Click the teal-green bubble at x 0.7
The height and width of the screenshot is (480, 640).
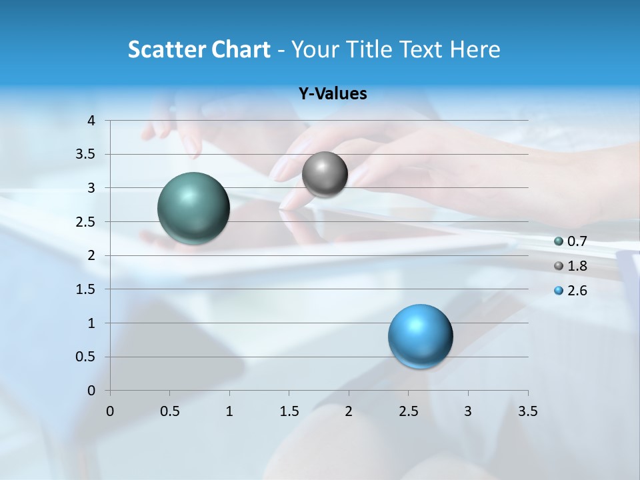point(194,208)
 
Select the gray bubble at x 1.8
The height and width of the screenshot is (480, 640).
point(325,175)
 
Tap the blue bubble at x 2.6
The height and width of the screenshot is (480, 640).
point(421,336)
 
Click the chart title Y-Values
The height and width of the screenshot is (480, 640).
point(332,94)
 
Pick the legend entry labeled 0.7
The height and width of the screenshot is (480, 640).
point(577,241)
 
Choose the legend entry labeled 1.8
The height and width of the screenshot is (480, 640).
point(577,266)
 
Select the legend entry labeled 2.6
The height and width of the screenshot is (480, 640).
point(577,291)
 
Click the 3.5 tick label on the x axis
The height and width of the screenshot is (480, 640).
point(527,411)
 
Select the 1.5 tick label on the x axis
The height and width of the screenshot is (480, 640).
point(289,411)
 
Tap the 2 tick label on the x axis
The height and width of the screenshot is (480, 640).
point(349,411)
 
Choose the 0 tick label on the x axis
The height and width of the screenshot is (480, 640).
point(110,411)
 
